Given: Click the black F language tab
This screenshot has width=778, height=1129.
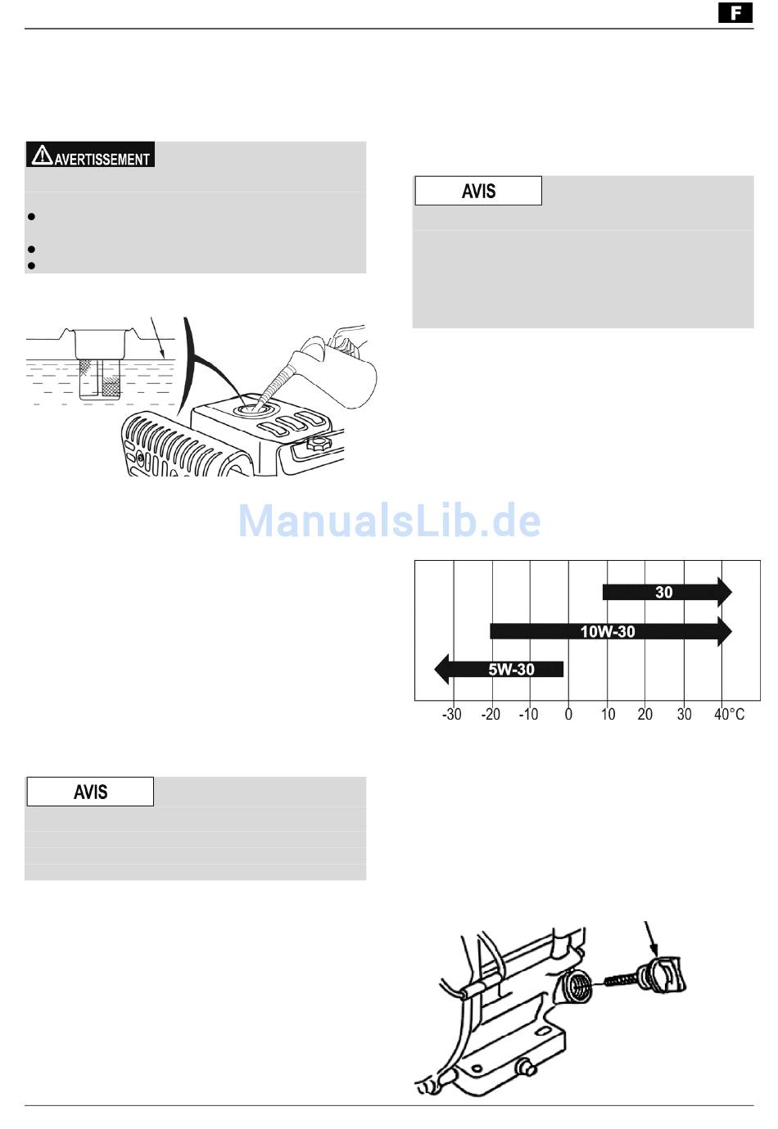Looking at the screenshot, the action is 735,13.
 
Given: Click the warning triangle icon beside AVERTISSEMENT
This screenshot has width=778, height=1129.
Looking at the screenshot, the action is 42,156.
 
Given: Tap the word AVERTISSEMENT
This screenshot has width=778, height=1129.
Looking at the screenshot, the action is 102,160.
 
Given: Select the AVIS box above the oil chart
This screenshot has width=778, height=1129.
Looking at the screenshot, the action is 478,191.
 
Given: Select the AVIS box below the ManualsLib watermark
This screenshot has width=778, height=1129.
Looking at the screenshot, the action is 90,792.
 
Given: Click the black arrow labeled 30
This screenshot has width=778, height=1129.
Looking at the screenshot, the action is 667,592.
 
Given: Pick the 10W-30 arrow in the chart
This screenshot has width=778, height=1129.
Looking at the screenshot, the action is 611,631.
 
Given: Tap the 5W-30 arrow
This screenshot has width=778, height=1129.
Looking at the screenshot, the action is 499,669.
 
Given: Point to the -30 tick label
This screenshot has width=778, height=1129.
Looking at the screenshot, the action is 452,714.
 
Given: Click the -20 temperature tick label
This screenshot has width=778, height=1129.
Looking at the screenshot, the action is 491,714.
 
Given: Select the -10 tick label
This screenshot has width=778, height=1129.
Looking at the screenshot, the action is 528,714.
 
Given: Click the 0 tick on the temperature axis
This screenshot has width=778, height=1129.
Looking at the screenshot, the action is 568,714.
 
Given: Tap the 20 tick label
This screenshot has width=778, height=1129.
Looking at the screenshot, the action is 645,714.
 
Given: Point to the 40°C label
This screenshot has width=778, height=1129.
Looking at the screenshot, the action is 729,714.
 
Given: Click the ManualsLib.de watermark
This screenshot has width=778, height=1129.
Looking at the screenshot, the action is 389,520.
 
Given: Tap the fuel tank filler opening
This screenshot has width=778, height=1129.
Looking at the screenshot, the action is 254,409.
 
